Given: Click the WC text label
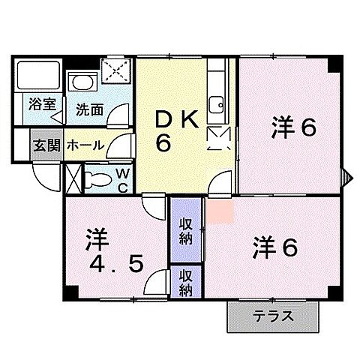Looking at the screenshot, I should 121,180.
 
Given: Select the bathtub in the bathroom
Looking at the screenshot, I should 38,75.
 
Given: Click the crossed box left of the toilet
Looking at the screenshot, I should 73,179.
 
